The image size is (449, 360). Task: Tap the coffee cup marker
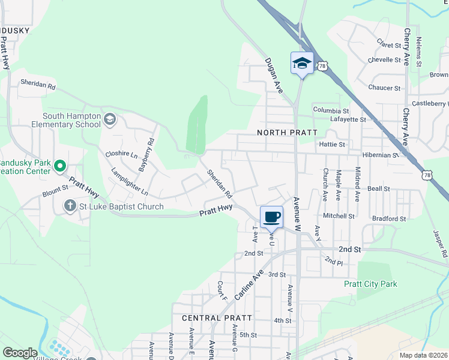click(x=271, y=217)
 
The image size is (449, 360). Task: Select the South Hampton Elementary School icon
click(x=109, y=119)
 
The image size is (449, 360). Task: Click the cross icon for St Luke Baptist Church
click(x=70, y=206)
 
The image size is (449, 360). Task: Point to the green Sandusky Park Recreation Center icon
click(x=60, y=166)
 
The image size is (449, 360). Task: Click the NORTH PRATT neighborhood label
click(x=282, y=132)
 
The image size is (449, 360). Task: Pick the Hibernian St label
click(x=376, y=155)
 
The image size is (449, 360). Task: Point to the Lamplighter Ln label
click(x=130, y=182)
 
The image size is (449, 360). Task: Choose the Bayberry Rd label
click(x=146, y=155)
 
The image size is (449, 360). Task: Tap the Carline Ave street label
click(x=249, y=285)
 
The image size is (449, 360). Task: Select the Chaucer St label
click(x=384, y=88)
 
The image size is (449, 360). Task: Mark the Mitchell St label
click(x=339, y=215)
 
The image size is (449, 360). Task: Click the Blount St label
click(x=55, y=194)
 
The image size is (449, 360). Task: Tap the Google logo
click(x=20, y=353)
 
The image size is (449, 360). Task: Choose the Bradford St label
click(x=389, y=219)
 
